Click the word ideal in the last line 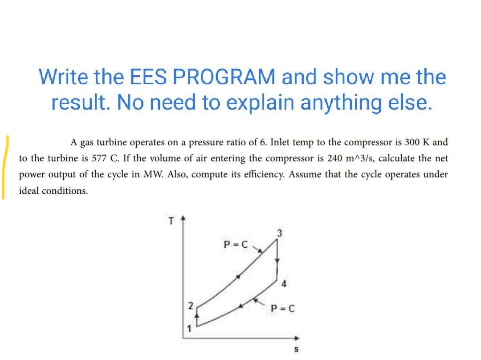[x=29, y=190]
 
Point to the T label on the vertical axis [x=169, y=220]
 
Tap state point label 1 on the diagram [x=188, y=330]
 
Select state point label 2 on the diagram [x=190, y=306]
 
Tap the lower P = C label [x=281, y=308]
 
